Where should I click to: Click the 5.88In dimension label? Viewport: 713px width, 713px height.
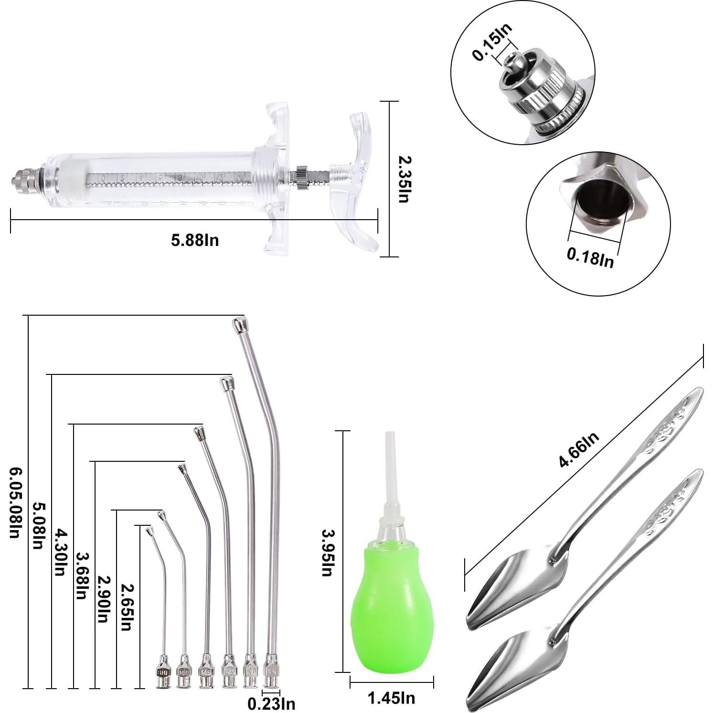point(195,240)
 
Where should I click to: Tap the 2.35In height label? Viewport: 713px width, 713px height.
point(404,179)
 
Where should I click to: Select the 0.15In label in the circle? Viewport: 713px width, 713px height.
point(492,42)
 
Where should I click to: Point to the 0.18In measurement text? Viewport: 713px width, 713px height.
point(590,258)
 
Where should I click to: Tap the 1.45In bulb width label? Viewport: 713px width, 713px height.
point(391,698)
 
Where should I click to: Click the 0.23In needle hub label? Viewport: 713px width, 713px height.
point(271,703)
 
